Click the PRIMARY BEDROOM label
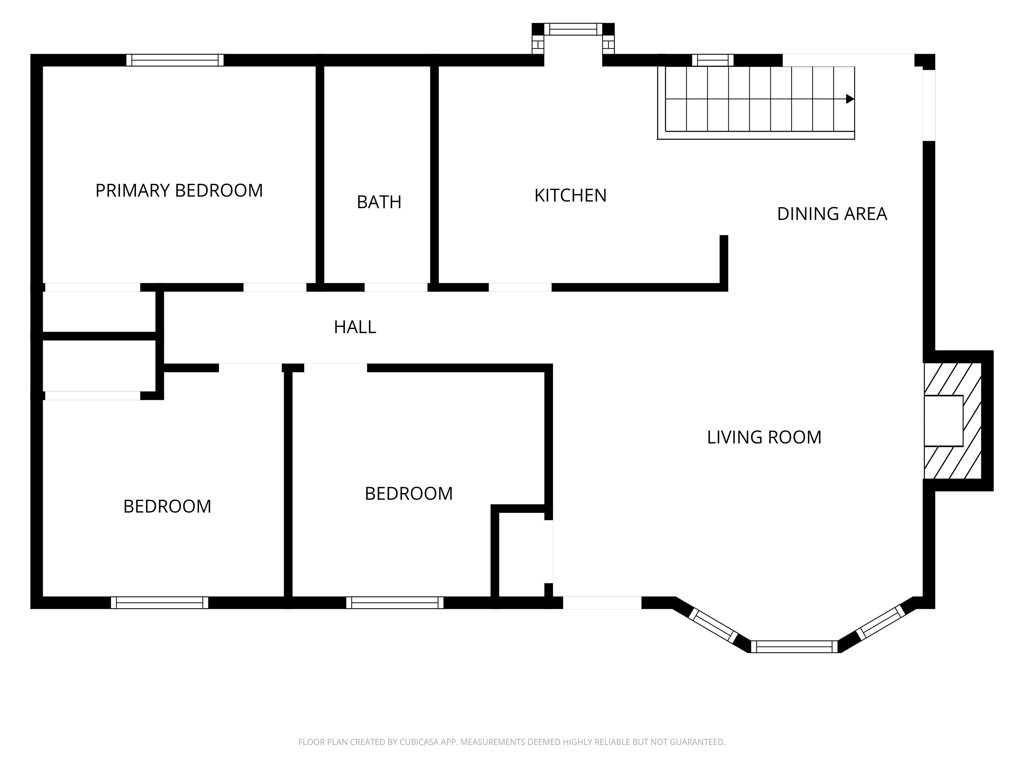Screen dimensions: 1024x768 coord(179,191)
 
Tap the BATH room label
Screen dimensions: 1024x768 coord(379,202)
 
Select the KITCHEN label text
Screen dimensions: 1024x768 coord(570,196)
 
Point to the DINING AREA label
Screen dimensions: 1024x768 coord(832,214)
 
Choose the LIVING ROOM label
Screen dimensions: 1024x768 coord(764,437)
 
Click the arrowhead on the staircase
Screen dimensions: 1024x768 coord(850,99)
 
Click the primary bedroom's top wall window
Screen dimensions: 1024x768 coord(175,60)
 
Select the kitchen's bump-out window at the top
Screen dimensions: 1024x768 coord(573,29)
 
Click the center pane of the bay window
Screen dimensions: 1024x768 coord(794,647)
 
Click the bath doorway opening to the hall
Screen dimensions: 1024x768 coord(396,287)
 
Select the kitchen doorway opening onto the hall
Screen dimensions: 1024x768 coord(520,287)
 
